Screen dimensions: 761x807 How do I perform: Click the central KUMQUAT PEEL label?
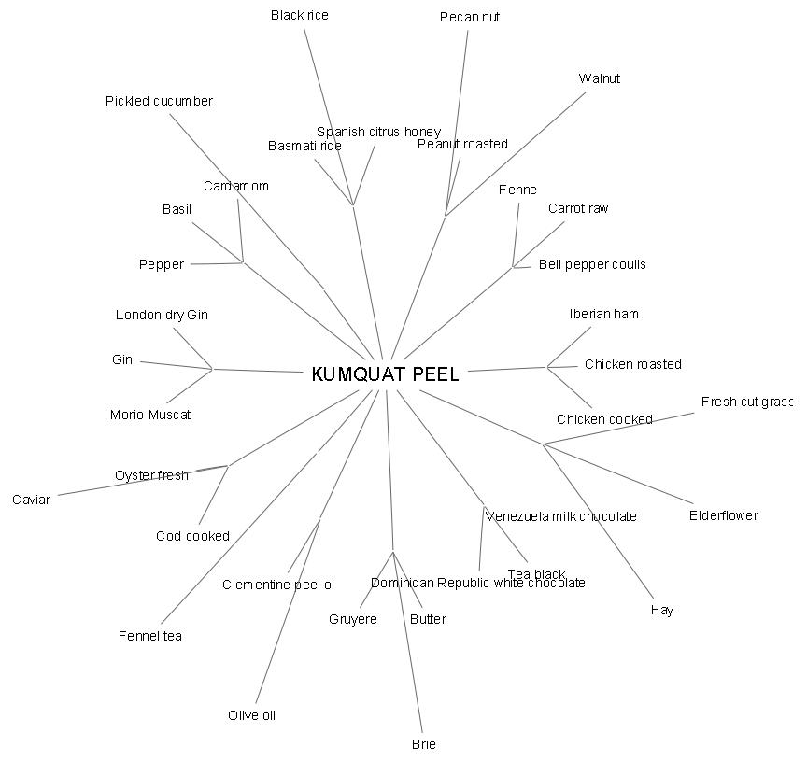tap(385, 374)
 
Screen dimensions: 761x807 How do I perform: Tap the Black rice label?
tap(300, 15)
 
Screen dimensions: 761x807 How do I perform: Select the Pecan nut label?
tap(470, 17)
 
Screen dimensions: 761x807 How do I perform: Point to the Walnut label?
tap(599, 78)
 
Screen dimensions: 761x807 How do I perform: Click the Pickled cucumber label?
tap(159, 101)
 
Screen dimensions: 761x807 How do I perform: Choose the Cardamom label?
tap(236, 186)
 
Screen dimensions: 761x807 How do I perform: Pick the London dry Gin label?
tap(162, 315)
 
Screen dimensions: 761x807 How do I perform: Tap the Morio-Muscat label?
tap(150, 415)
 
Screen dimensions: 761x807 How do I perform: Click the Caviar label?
tap(31, 500)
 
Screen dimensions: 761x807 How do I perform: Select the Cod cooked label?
tap(192, 536)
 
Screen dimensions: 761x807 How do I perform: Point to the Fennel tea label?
tap(150, 636)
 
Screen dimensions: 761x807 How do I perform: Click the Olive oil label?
tap(251, 715)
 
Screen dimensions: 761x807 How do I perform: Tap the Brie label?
tap(423, 744)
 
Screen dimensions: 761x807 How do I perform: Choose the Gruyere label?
tap(353, 619)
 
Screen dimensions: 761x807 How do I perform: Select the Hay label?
tap(661, 610)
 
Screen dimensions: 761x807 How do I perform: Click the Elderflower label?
tap(724, 515)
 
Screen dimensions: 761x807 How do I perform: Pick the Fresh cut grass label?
tap(746, 402)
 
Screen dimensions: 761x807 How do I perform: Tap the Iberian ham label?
tap(604, 314)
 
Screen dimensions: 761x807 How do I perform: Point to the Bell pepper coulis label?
tap(592, 264)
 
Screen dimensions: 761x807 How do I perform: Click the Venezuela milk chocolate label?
tap(561, 516)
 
